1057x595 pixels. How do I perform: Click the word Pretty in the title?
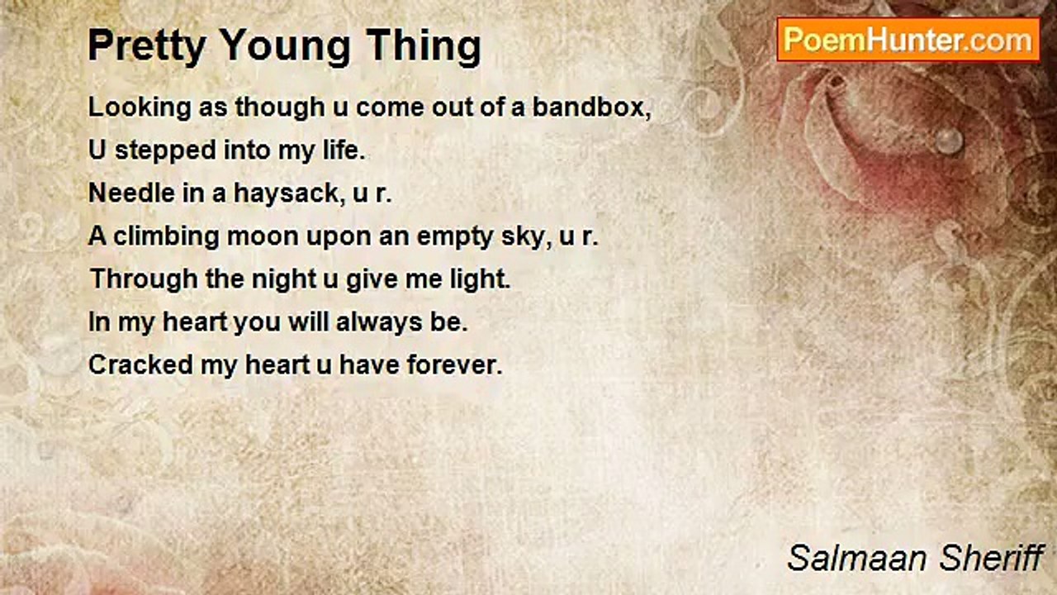coord(147,46)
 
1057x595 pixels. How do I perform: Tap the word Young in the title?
coord(285,46)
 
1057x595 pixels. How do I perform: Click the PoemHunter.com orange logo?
coord(908,40)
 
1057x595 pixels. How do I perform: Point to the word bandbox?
coord(592,107)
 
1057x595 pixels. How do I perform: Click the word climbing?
coord(167,237)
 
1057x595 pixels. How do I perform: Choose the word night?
coord(284,280)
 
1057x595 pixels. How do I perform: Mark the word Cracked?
coord(140,365)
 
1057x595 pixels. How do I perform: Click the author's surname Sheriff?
coord(992,558)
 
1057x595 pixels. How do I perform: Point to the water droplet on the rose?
coord(949,140)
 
